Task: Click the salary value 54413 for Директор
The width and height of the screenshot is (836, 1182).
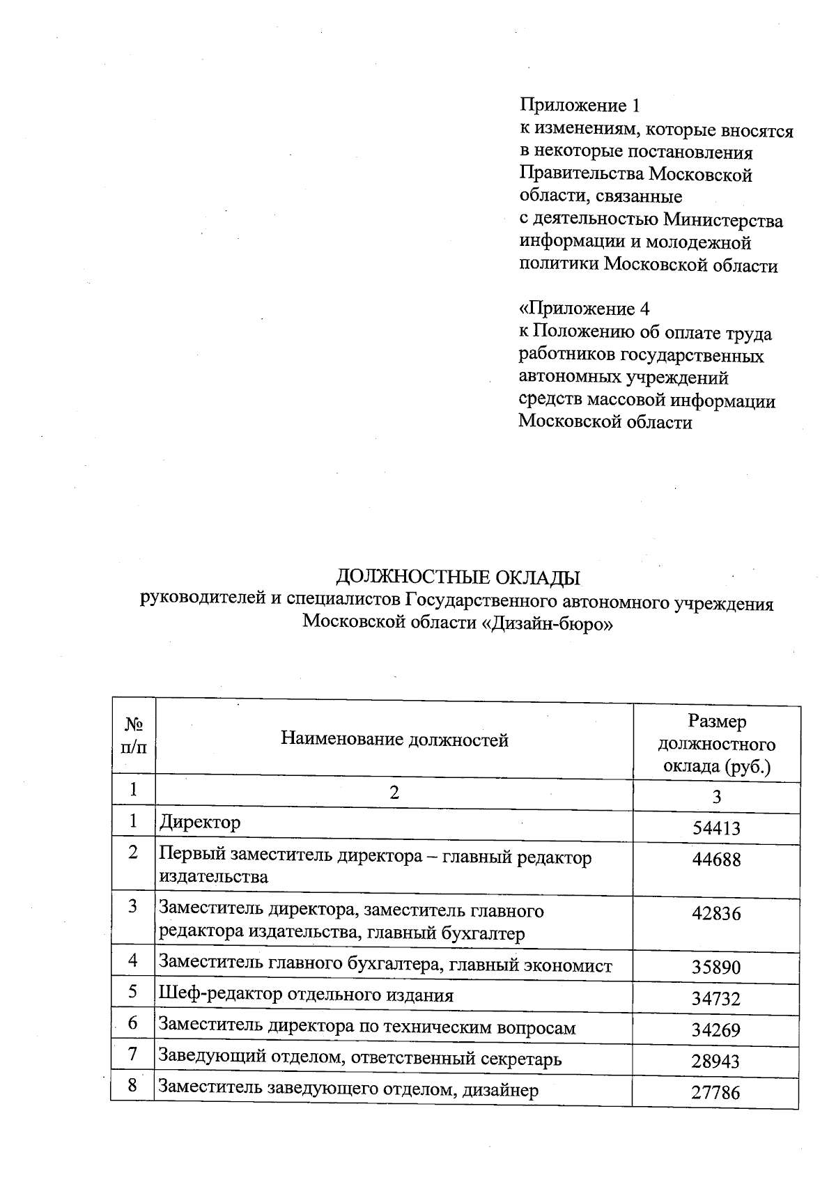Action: click(x=716, y=828)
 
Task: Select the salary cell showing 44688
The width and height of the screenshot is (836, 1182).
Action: click(x=716, y=860)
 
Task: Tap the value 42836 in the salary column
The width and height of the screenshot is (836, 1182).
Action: click(x=716, y=913)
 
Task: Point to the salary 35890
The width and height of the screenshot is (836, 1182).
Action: click(x=716, y=967)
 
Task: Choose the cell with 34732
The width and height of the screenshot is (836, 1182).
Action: click(x=716, y=999)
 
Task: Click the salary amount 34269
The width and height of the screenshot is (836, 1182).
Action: click(x=716, y=1029)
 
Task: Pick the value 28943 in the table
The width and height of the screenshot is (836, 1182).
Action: click(x=716, y=1062)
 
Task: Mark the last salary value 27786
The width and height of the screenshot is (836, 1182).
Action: click(x=716, y=1092)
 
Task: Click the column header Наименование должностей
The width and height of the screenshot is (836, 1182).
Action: click(x=394, y=740)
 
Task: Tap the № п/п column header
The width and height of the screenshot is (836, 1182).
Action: click(x=133, y=737)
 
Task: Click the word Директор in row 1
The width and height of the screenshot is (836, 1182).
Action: click(x=200, y=823)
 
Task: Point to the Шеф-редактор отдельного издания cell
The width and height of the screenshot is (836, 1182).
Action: click(x=306, y=995)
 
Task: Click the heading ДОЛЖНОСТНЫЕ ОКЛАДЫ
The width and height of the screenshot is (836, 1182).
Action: click(x=458, y=577)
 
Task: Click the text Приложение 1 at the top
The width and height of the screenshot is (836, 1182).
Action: click(x=579, y=106)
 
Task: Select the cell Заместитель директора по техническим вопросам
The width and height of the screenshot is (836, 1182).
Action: click(x=368, y=1027)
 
